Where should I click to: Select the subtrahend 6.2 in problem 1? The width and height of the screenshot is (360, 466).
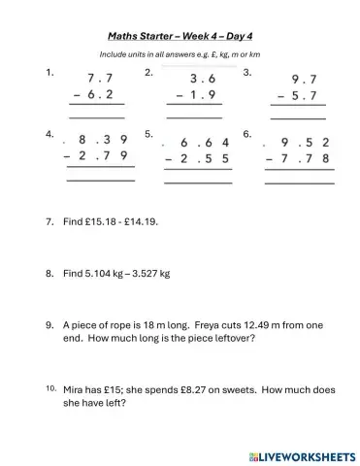coord(101,95)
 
